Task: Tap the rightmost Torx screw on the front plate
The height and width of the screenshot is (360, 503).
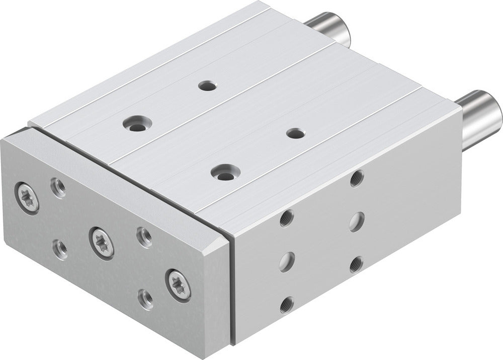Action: [x=179, y=284]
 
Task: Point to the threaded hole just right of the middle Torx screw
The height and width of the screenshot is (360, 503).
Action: [x=144, y=237]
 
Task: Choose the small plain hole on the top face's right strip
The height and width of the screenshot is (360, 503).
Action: [x=294, y=133]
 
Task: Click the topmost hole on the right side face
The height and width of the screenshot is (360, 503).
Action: [x=357, y=178]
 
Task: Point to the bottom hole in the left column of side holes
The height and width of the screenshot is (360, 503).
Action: [x=287, y=304]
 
